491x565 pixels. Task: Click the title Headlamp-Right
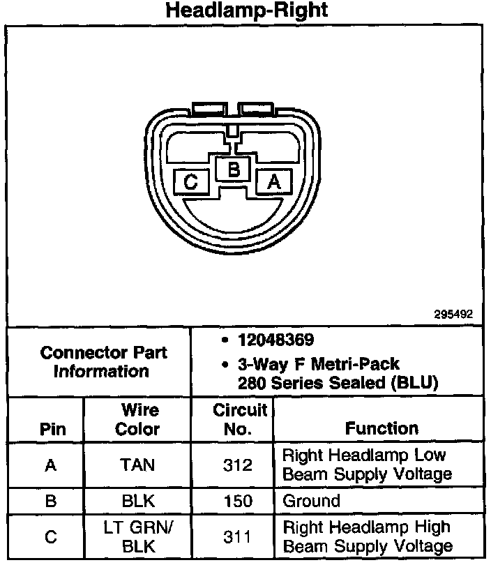pyautogui.click(x=246, y=11)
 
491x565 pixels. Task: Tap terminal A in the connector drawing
pyautogui.click(x=274, y=181)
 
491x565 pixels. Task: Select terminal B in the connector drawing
pyautogui.click(x=234, y=169)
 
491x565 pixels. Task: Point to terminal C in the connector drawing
pyautogui.click(x=191, y=182)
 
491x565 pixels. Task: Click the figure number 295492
pyautogui.click(x=453, y=315)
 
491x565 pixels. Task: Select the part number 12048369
pyautogui.click(x=275, y=340)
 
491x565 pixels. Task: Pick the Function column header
pyautogui.click(x=382, y=428)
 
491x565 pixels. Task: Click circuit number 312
pyautogui.click(x=239, y=465)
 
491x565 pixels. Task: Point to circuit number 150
pyautogui.click(x=239, y=501)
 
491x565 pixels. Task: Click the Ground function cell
pyautogui.click(x=311, y=501)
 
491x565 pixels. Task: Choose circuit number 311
pyautogui.click(x=239, y=536)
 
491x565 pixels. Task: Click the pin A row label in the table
pyautogui.click(x=50, y=465)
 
